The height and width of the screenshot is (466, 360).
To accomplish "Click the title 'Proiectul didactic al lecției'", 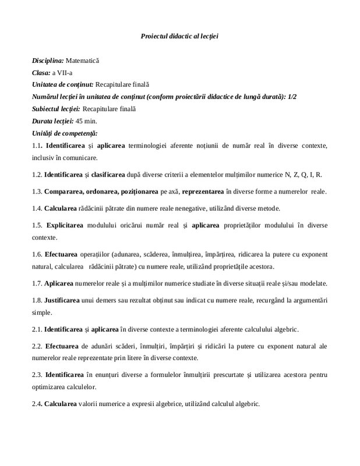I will (179, 36).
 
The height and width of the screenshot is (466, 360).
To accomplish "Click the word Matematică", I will (83, 60).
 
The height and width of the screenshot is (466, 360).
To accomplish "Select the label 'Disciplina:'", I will (48, 60).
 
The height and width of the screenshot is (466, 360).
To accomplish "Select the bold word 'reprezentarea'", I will (203, 191).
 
